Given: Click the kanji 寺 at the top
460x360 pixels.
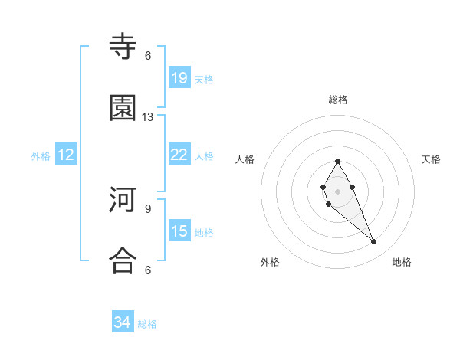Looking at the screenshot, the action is [x=123, y=47].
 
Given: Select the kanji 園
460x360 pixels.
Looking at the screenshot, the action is [x=123, y=109].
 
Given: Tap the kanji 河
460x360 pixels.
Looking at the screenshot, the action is [x=123, y=201].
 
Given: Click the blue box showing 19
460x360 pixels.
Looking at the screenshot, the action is [x=179, y=78].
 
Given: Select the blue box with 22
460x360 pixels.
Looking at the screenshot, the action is [x=179, y=155].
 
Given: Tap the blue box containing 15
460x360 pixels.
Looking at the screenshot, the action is [x=179, y=231].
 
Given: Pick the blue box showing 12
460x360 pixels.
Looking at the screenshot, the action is [x=66, y=155].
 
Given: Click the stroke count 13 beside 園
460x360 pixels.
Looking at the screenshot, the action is [x=148, y=117].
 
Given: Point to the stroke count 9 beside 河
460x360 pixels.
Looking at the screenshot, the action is [x=148, y=208].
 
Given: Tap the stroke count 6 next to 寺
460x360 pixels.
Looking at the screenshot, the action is [x=148, y=56].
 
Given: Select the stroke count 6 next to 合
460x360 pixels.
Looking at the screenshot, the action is [x=148, y=270].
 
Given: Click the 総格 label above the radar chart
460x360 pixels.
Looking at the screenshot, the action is [x=338, y=100].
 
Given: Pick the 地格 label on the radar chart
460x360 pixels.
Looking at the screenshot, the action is [x=402, y=262].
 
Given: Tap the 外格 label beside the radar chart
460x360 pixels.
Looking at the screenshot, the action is [x=270, y=262].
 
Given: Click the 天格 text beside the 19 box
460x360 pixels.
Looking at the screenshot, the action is [x=204, y=80].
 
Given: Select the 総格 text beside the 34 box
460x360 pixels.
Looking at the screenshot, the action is [x=147, y=324].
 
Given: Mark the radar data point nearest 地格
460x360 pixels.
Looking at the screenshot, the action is [x=374, y=242].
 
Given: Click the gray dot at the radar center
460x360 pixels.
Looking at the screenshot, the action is [x=337, y=190].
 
